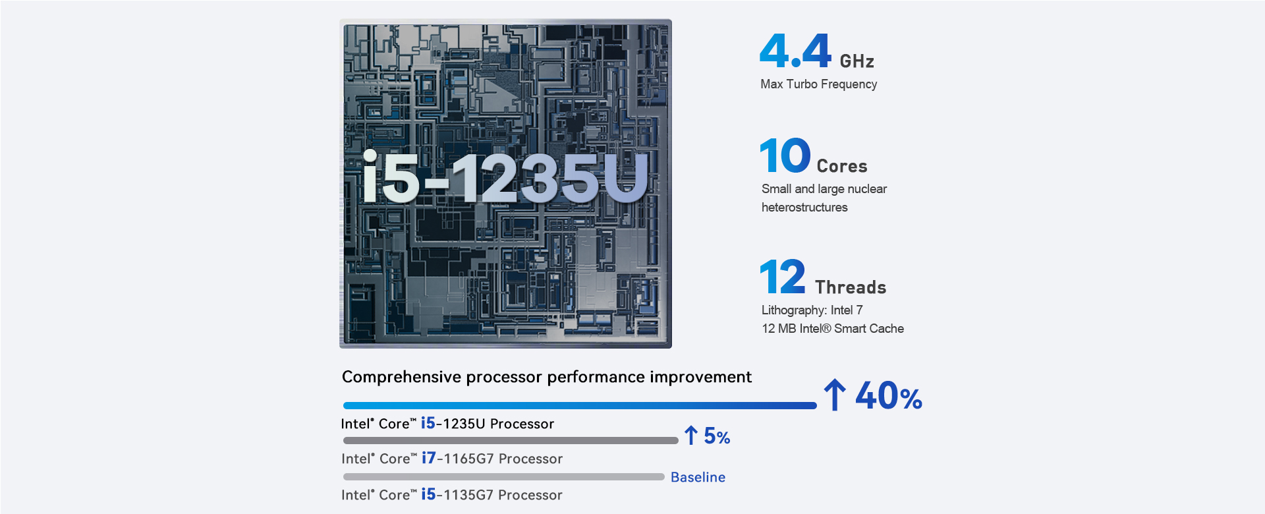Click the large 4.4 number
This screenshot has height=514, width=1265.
(795, 51)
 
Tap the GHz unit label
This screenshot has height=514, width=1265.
(857, 61)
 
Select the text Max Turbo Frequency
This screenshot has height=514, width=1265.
(818, 84)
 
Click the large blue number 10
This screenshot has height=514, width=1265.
(785, 156)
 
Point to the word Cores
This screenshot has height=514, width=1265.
(841, 166)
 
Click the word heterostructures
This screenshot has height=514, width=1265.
(804, 208)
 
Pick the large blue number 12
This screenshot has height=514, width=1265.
(783, 277)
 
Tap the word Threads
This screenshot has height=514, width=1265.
(850, 287)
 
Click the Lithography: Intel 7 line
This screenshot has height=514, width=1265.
(812, 310)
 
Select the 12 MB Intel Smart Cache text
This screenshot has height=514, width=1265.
(833, 329)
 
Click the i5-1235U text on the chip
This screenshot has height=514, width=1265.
(505, 179)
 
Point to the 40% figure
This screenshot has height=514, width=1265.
(888, 397)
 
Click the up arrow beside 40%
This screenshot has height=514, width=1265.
(835, 395)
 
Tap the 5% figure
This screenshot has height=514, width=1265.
(717, 436)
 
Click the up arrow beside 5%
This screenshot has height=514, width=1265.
(690, 435)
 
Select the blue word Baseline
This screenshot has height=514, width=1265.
(698, 477)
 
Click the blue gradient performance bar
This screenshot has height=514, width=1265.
(580, 406)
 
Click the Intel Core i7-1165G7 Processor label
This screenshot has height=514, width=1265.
(452, 459)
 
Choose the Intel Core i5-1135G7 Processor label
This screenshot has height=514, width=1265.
(452, 495)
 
